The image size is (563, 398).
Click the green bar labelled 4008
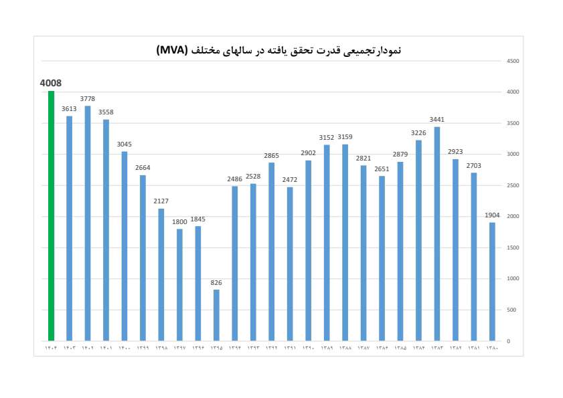click(x=51, y=216)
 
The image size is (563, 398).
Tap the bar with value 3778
click(x=88, y=223)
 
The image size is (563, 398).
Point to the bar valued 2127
click(x=161, y=275)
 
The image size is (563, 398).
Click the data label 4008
click(x=51, y=83)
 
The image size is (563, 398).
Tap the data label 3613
click(x=69, y=108)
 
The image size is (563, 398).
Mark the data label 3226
click(x=418, y=132)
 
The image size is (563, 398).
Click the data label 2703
click(x=473, y=165)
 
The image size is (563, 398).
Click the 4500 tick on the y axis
click(x=513, y=61)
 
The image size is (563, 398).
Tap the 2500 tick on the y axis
click(x=513, y=185)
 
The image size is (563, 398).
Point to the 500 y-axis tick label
click(x=511, y=310)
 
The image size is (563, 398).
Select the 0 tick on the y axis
click(x=508, y=341)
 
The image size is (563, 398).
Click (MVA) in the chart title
click(x=173, y=51)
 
